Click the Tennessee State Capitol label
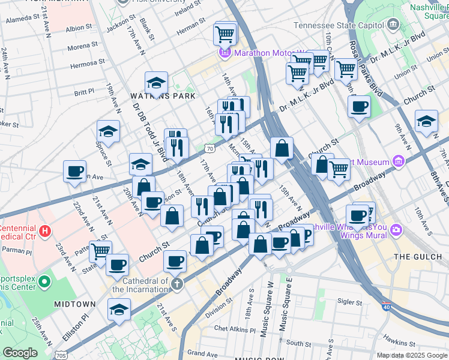click(x=339, y=25)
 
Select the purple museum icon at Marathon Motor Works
click(x=226, y=53)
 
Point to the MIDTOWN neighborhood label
click(x=75, y=304)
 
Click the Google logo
click(x=20, y=352)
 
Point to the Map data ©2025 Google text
click(x=411, y=355)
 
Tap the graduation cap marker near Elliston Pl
click(x=119, y=310)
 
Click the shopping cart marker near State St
click(x=100, y=250)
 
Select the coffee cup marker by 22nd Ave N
click(x=75, y=171)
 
